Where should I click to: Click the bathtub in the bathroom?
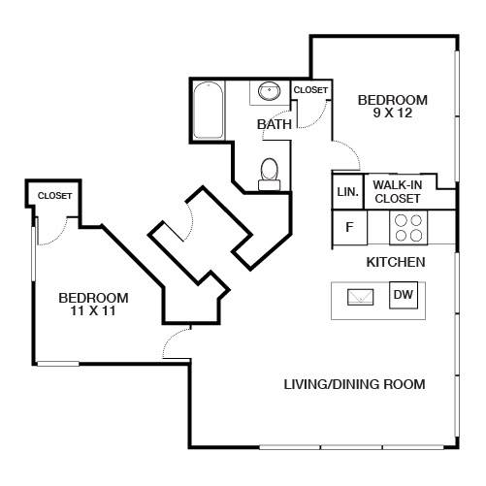point(209,111)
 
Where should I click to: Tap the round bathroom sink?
point(269,90)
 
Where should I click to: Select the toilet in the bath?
point(269,174)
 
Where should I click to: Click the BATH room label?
point(275,124)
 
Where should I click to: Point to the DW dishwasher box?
point(404,295)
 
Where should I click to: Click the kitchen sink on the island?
point(360,297)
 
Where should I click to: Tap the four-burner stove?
point(408,228)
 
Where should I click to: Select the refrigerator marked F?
point(350,227)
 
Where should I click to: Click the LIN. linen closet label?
point(348,192)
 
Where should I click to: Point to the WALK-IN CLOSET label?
point(398,192)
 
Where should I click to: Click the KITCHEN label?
point(396,262)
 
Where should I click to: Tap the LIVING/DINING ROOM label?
point(354,384)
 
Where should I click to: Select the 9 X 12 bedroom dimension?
point(393,113)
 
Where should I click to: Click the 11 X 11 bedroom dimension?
point(93,310)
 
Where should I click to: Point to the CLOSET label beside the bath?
point(310,90)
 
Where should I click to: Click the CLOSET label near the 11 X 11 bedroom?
point(54,196)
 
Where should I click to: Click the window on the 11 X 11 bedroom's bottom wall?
point(58,364)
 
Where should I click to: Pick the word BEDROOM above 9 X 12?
point(393,100)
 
